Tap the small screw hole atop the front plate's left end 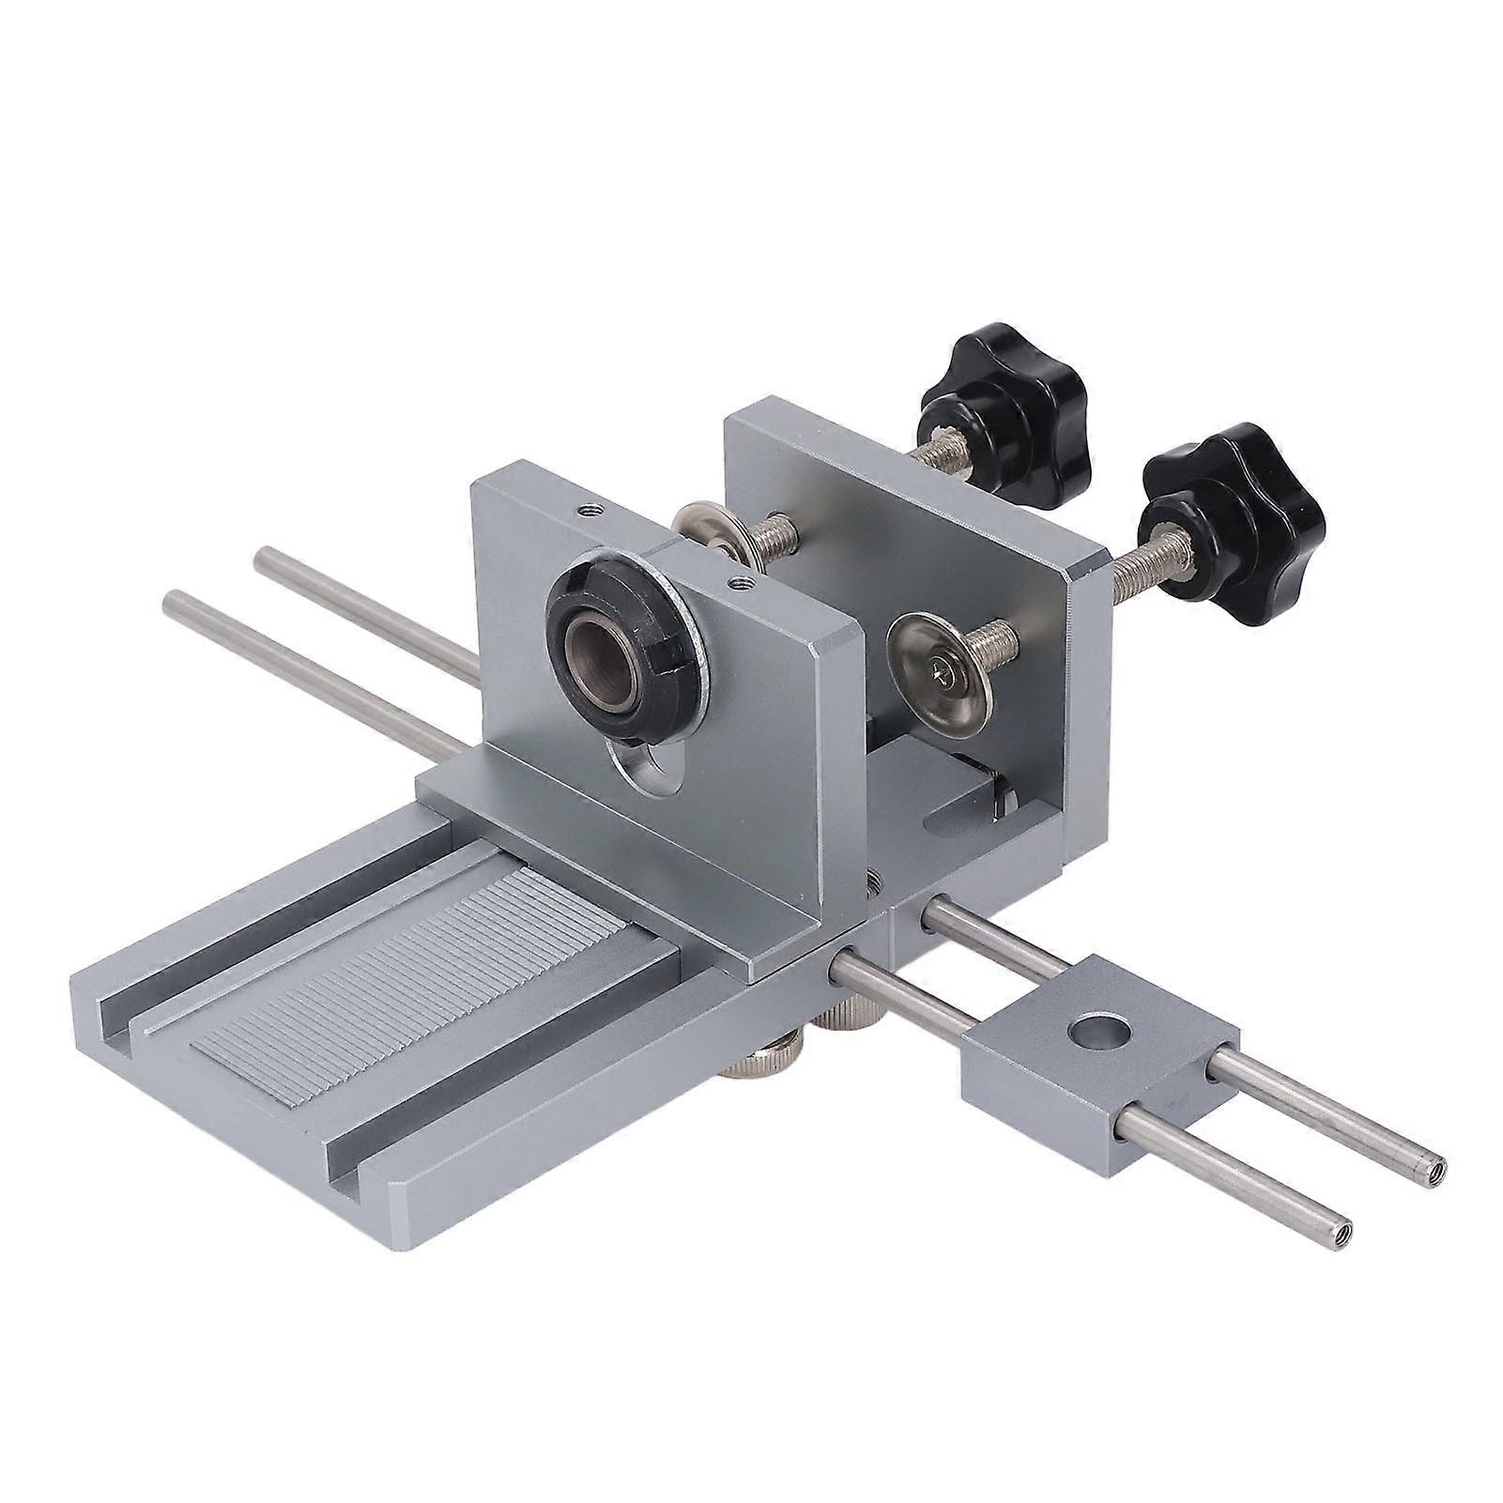point(590,510)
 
